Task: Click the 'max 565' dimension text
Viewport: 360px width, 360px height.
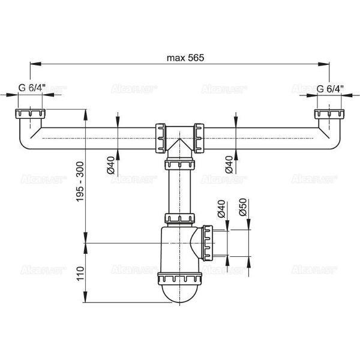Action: [x=185, y=58]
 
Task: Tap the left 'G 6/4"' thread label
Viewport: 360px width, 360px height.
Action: [x=32, y=88]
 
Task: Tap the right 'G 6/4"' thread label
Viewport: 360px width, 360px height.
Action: [x=330, y=89]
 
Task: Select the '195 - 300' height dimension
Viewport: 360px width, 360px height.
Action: [x=80, y=182]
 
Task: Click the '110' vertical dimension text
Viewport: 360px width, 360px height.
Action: [x=80, y=274]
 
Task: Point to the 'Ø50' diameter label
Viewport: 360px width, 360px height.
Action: [x=243, y=207]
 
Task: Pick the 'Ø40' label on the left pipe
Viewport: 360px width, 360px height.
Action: [x=111, y=166]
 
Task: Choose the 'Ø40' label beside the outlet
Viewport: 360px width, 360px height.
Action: [x=221, y=209]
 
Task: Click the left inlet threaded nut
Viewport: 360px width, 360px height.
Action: [x=31, y=114]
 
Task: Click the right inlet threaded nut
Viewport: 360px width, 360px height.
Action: [x=329, y=114]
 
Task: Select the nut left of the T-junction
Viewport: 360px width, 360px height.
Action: [x=160, y=138]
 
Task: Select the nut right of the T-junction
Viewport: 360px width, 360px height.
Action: [x=199, y=138]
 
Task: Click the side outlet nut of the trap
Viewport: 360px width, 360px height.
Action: [x=208, y=243]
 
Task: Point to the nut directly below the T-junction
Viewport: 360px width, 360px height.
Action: [x=180, y=166]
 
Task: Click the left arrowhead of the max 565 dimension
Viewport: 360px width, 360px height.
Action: [x=35, y=64]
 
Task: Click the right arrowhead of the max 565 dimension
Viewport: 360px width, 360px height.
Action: [x=324, y=64]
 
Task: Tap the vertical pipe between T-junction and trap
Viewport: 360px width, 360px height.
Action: [x=180, y=192]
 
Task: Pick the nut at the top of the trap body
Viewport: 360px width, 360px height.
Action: [x=180, y=218]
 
